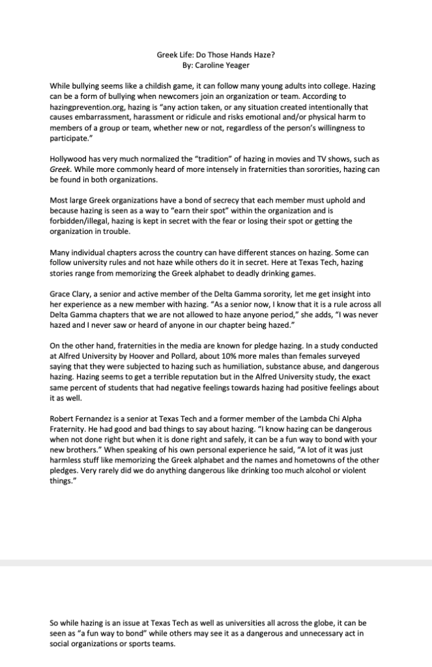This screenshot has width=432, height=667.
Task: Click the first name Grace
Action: [x=61, y=294]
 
